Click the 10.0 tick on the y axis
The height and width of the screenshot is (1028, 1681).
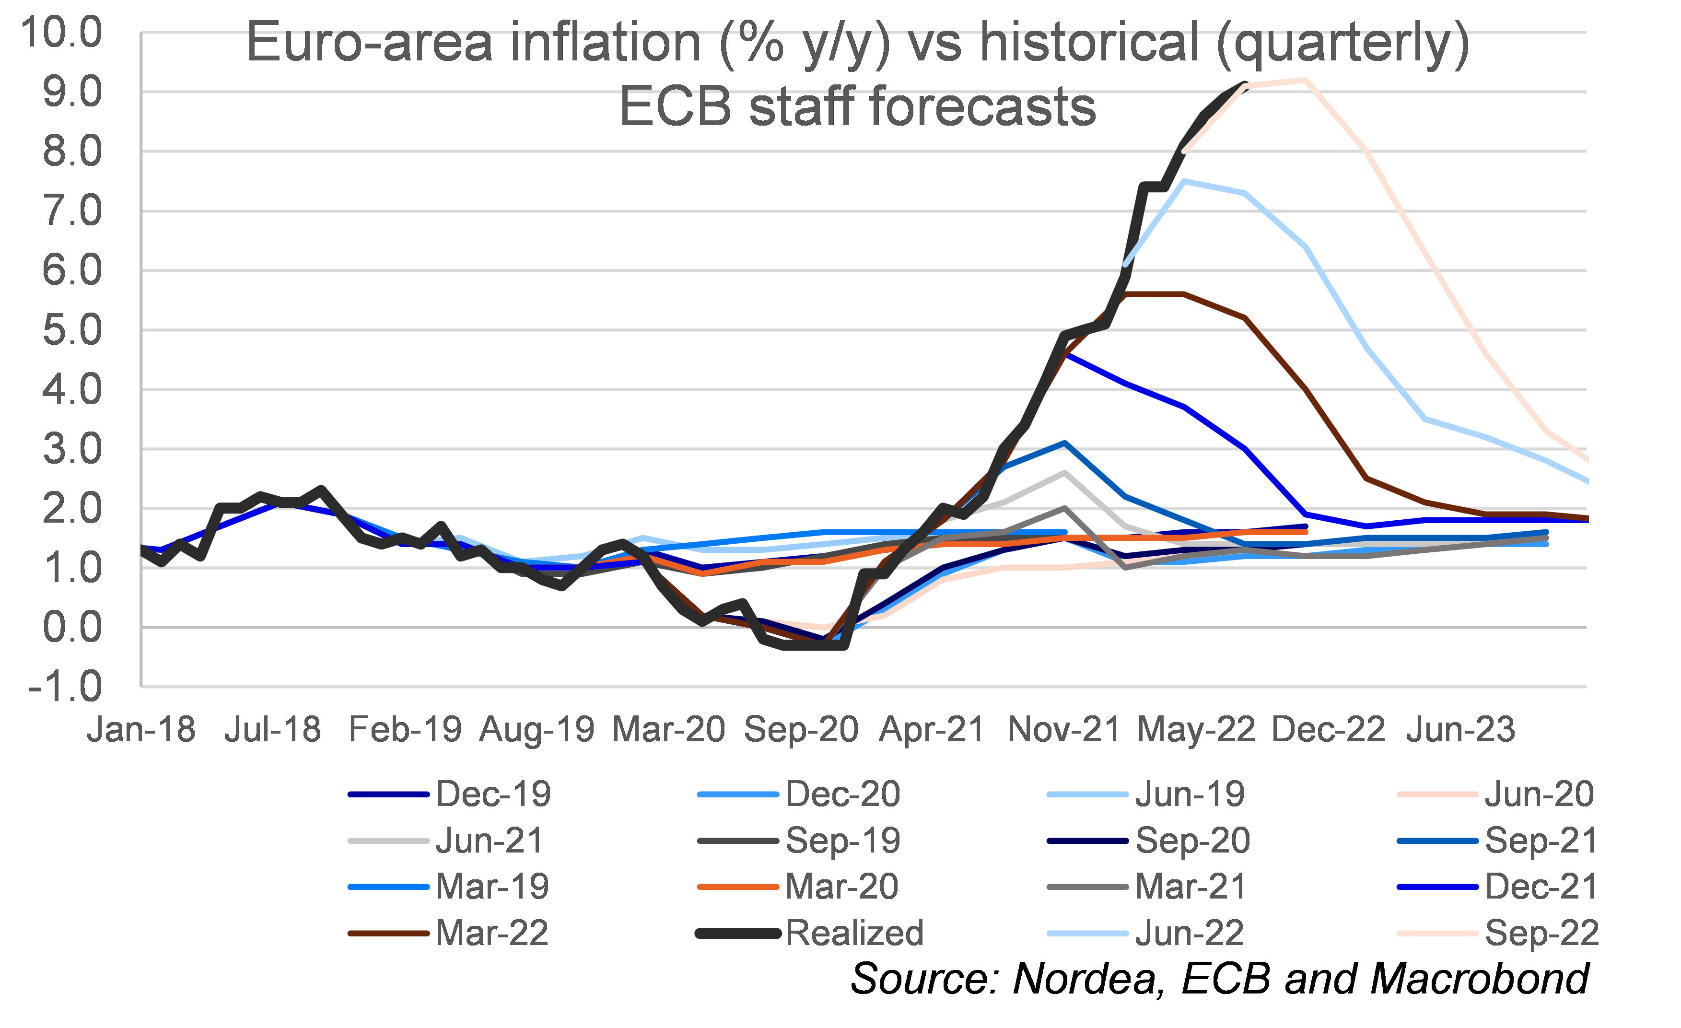61,32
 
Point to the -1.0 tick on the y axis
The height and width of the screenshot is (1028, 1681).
65,686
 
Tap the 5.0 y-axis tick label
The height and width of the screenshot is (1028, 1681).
71,330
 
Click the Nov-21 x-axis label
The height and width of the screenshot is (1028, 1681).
1063,729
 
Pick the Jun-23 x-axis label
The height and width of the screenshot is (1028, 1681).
1460,729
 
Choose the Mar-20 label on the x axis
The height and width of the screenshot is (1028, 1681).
668,729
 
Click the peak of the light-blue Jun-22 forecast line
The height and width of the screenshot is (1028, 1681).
1185,181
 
